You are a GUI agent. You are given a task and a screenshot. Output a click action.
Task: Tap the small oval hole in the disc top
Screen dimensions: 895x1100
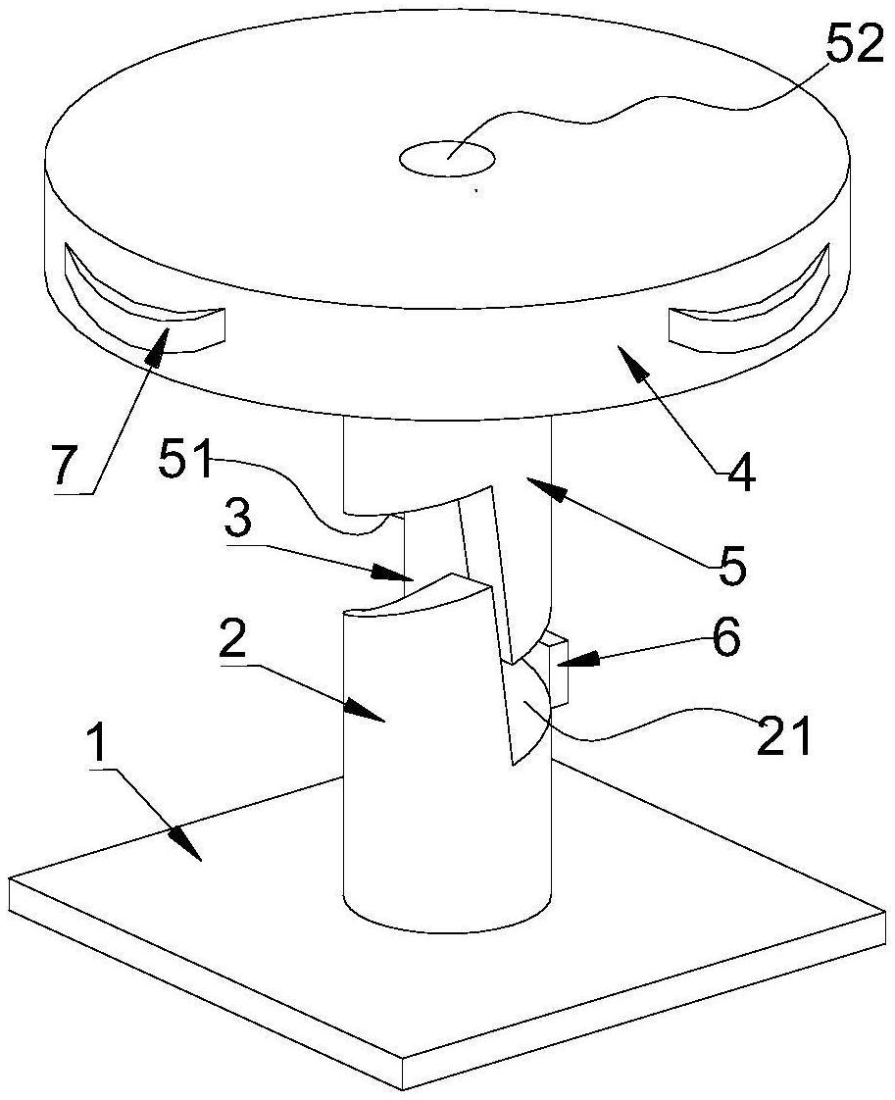pyautogui.click(x=447, y=157)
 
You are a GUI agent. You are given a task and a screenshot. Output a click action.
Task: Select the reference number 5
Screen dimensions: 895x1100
pyautogui.click(x=730, y=565)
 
